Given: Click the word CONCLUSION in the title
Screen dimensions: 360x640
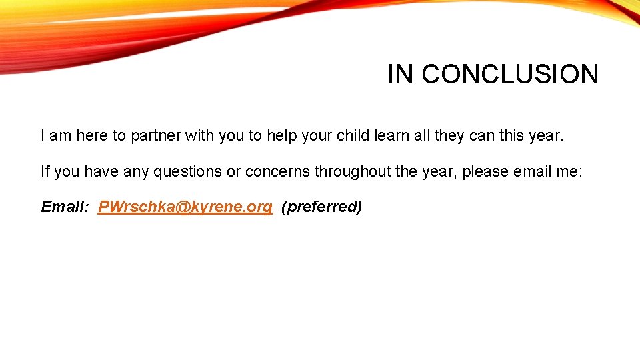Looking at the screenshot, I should coord(510,74).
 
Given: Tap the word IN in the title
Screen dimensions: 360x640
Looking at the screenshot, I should coord(401,74).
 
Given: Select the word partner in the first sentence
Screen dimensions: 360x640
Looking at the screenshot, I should coord(155,136).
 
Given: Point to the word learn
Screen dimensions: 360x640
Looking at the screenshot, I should coord(391,136).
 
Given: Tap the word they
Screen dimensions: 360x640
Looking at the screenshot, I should coord(451,136).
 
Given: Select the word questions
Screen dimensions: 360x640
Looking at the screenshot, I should coord(188,171).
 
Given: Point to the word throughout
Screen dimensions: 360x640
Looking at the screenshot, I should coord(352,171).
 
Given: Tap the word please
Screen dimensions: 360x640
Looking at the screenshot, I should coord(485,171).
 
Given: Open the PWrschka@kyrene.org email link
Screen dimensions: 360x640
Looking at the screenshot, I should coord(185,207).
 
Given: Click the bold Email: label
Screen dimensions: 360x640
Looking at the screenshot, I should coord(65,207).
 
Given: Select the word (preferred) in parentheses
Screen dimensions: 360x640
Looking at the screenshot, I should coord(321,207).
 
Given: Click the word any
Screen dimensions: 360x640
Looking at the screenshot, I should coord(136,171).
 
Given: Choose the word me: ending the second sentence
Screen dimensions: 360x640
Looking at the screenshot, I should coord(569,171).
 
